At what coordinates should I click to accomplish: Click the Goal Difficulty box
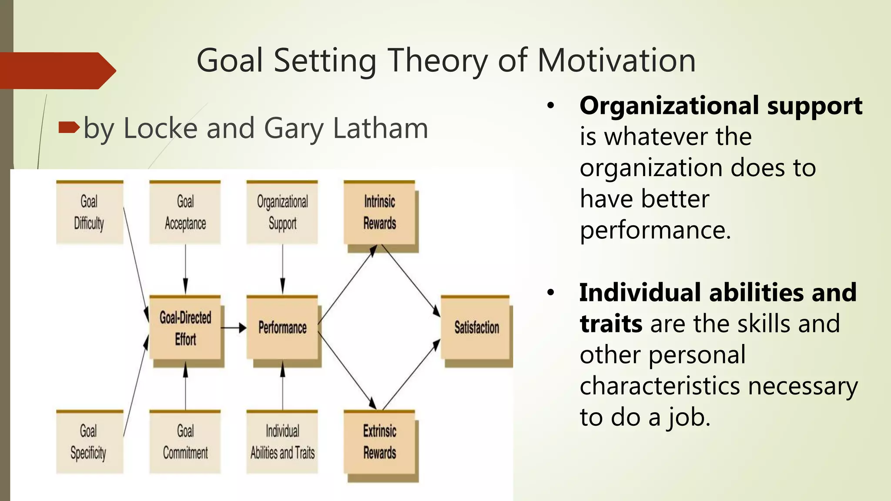click(89, 212)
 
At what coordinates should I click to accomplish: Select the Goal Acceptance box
click(185, 212)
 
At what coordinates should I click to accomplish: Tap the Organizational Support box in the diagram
click(282, 212)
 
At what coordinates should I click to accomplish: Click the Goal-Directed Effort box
click(185, 328)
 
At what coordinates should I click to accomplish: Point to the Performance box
click(282, 328)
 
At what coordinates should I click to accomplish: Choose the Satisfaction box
click(476, 328)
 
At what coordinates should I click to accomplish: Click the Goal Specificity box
click(89, 442)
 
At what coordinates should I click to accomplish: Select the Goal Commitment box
click(185, 442)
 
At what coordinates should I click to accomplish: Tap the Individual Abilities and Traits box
click(282, 442)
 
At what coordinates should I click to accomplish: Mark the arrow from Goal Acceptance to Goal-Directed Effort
click(185, 270)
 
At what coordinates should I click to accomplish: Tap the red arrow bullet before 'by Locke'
click(69, 127)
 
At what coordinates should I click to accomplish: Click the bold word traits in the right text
click(610, 324)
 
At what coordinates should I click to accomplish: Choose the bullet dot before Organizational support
click(551, 106)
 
